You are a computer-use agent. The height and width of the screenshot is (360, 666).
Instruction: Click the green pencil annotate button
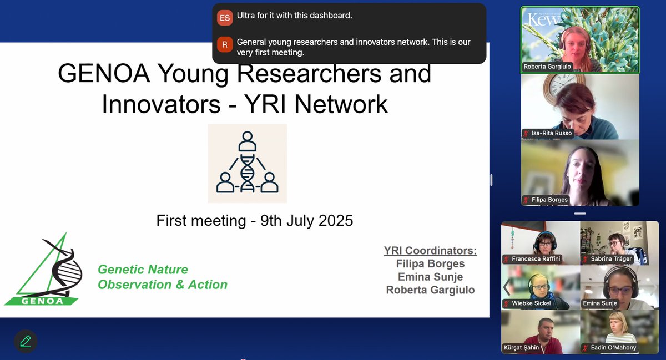(x=25, y=341)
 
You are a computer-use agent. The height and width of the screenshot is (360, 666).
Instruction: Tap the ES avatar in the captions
(x=225, y=18)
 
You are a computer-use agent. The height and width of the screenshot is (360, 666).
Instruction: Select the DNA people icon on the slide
(x=247, y=164)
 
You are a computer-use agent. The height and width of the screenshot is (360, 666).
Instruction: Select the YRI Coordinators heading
(x=430, y=251)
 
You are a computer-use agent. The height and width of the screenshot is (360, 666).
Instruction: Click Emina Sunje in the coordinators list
(x=430, y=276)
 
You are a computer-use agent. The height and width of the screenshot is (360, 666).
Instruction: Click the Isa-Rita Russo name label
(x=551, y=133)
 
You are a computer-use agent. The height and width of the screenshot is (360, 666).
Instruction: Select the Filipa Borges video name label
(x=549, y=200)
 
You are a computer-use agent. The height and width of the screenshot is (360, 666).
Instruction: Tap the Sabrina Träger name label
(x=610, y=259)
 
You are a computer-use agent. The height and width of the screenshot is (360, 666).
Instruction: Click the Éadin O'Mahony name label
(x=609, y=348)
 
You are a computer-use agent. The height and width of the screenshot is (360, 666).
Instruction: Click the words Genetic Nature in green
(x=143, y=270)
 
